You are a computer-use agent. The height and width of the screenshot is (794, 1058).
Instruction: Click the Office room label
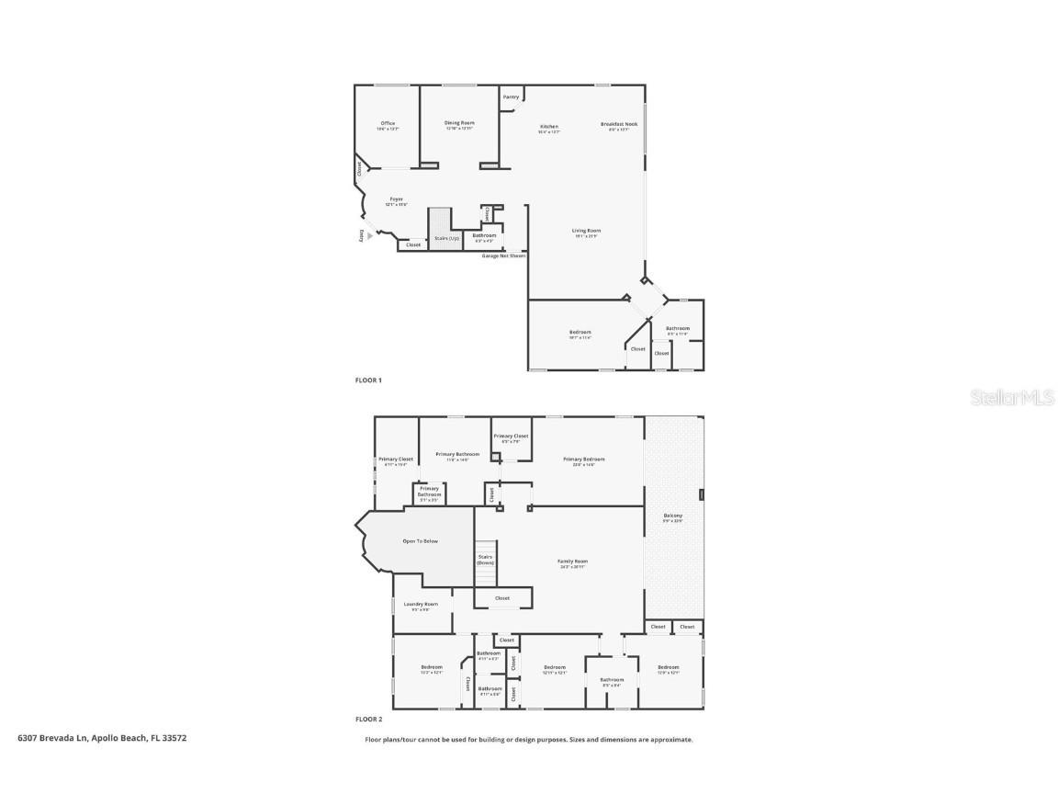point(388,123)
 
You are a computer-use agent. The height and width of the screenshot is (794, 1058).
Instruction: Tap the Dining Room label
point(459,122)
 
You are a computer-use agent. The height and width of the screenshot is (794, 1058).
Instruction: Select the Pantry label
point(511,96)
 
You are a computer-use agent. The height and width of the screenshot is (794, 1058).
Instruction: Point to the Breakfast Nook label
point(619,124)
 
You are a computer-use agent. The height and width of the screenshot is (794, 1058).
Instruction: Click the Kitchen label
point(549,126)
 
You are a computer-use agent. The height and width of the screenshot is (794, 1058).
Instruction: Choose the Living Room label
point(586,231)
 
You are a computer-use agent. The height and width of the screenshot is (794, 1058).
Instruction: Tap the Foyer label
point(397,199)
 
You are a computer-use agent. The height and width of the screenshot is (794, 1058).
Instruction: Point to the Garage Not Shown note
point(504,255)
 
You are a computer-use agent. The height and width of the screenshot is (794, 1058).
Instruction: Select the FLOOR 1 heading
point(368,380)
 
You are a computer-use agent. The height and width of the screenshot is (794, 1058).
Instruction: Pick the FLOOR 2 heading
point(368,720)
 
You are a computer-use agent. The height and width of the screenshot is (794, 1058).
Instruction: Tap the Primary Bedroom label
point(584,459)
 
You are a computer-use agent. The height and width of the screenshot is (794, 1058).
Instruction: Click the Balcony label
point(673,516)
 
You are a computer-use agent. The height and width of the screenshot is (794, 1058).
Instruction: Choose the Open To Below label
point(421,541)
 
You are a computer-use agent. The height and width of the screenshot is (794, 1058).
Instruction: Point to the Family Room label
point(572,561)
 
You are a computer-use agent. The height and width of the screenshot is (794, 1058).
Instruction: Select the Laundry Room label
point(421,604)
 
